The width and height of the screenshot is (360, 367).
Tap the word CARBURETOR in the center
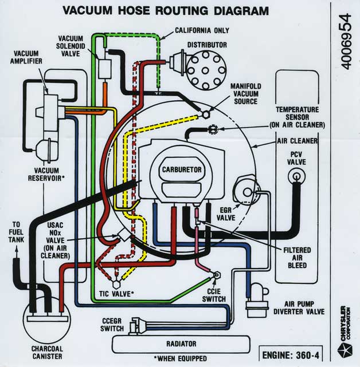pyautogui.click(x=181, y=170)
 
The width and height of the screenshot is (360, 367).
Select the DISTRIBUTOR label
pyautogui.click(x=207, y=45)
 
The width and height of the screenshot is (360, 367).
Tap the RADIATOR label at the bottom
pyautogui.click(x=181, y=344)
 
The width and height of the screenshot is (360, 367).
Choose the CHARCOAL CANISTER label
pyautogui.click(x=42, y=352)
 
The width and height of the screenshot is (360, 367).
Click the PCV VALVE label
pyautogui.click(x=297, y=158)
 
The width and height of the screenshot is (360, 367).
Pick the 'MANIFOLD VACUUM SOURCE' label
pyautogui.click(x=245, y=93)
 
